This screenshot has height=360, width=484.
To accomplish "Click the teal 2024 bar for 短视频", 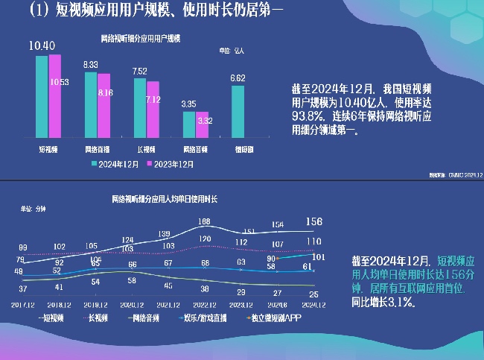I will pos(42,97).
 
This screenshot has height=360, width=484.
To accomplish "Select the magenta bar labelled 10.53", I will pos(55,97).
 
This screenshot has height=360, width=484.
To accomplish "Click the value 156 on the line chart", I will pos(314,221).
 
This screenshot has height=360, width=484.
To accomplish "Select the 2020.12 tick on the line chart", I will pos(132,305).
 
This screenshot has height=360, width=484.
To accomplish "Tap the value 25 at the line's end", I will pos(313,296).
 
